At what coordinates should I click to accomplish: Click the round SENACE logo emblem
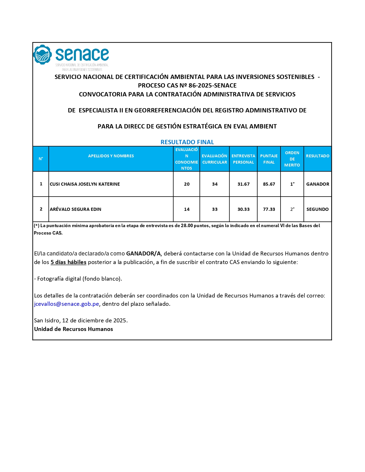coord(42,55)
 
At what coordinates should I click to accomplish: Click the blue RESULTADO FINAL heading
coord(187,142)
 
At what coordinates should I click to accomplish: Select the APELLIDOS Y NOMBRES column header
coord(111,156)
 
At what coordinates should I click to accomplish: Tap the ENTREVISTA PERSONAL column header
coord(243,159)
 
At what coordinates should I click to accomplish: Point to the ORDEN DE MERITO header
coord(292,159)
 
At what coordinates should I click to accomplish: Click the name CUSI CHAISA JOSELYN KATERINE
coord(85,184)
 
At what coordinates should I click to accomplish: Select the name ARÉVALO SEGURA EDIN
coord(76,209)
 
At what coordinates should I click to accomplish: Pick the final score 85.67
coord(269,184)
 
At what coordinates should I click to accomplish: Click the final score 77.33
coord(269,209)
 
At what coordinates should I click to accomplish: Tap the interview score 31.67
coord(243,184)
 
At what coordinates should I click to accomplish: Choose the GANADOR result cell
coord(317,184)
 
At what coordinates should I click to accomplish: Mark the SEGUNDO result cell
coord(317,209)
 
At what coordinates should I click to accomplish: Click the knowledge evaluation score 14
coord(187,209)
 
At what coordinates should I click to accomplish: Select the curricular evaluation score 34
coord(215,184)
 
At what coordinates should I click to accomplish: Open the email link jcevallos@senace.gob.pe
coord(66,304)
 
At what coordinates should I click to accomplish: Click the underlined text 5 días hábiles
coord(68,262)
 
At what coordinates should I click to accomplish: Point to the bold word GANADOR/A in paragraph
coord(143,254)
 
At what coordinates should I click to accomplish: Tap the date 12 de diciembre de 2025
coord(94,321)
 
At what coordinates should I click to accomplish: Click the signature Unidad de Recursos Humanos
coord(74,329)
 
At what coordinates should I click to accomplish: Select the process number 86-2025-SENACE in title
coord(212,86)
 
